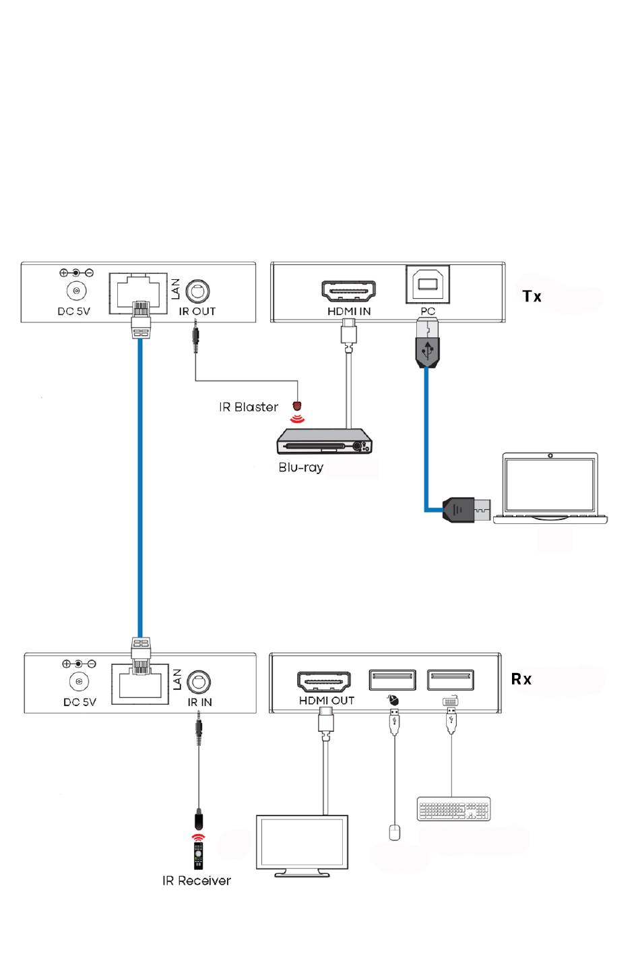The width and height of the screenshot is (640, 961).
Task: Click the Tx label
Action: (x=532, y=296)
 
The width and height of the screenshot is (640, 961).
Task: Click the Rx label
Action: (x=521, y=679)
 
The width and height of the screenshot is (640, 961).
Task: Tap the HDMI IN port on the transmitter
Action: (x=348, y=291)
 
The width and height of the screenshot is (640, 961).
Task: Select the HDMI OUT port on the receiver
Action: (x=324, y=681)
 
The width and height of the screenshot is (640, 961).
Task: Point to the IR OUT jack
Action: (x=197, y=292)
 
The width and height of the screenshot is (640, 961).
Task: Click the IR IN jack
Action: (x=199, y=682)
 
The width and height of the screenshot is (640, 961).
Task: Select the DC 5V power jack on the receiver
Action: (x=79, y=682)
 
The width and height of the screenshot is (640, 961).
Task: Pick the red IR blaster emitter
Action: (x=296, y=407)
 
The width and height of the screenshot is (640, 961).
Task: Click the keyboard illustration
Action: (x=453, y=809)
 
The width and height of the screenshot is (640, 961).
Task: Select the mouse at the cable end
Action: (x=395, y=832)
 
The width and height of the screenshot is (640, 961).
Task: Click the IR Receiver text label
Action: (x=196, y=881)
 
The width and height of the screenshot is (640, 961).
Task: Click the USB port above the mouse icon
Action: (x=392, y=680)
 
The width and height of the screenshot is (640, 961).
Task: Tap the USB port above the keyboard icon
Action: (x=451, y=680)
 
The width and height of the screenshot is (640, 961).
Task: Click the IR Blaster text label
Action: (x=248, y=407)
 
